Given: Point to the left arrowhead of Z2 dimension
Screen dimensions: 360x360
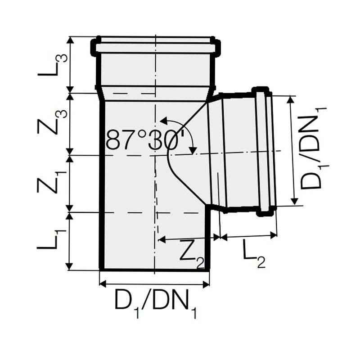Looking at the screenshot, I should (160, 240).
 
